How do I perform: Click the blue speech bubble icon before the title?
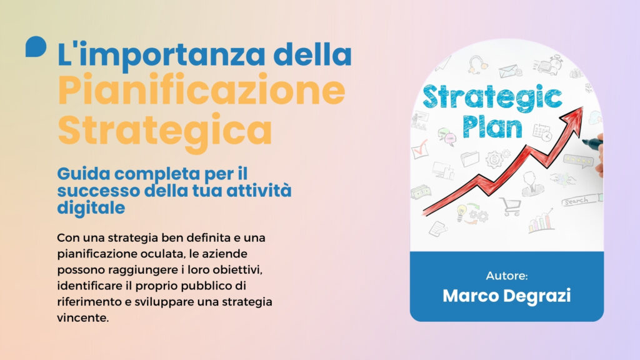pyautogui.click(x=36, y=46)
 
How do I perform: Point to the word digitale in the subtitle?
pyautogui.click(x=91, y=207)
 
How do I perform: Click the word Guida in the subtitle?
pyautogui.click(x=84, y=174)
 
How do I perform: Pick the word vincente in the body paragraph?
pyautogui.click(x=83, y=317)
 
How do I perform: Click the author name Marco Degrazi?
pyautogui.click(x=506, y=296)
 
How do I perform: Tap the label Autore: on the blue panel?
pyautogui.click(x=506, y=276)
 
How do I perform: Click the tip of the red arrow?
pyautogui.click(x=582, y=107)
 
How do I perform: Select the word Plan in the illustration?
pyautogui.click(x=492, y=127)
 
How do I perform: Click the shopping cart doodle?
pyautogui.click(x=511, y=206)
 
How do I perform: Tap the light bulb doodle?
pyautogui.click(x=462, y=211)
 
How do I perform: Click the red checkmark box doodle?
pyautogui.click(x=419, y=150)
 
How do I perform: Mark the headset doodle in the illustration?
pyautogui.click(x=477, y=64)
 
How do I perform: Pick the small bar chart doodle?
pyautogui.click(x=541, y=222)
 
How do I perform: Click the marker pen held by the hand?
pyautogui.click(x=592, y=143)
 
